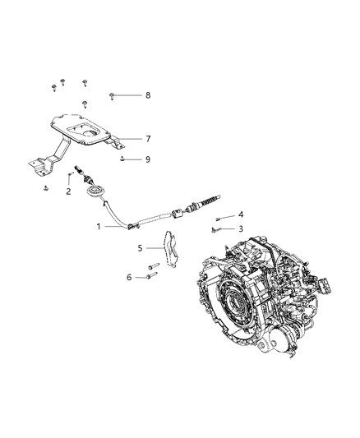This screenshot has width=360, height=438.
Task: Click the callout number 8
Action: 148,96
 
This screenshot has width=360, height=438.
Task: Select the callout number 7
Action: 148,139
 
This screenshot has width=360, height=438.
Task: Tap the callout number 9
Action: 148,159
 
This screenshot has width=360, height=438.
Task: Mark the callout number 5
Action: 140,247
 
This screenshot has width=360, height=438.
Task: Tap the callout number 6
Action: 128,278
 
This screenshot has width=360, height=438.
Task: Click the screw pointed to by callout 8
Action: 110,96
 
